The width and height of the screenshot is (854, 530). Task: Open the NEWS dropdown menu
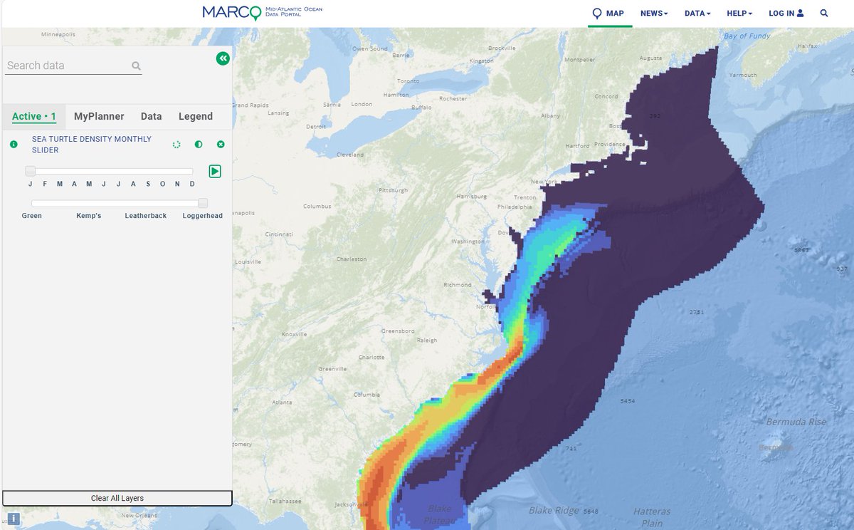pos(653,14)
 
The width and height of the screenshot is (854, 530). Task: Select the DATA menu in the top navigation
pos(697,14)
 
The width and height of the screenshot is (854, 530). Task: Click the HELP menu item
pos(739,14)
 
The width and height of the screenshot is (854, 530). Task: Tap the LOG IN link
pos(786,14)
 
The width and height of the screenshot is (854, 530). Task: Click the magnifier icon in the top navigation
pos(824,14)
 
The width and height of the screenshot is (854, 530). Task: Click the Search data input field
pos(68,66)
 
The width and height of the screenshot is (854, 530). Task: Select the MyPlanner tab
pos(99,116)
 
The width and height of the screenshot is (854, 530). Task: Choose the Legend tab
pos(195,116)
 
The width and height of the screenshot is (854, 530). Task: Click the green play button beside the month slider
pos(215,171)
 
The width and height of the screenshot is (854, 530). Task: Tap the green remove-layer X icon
pos(221,145)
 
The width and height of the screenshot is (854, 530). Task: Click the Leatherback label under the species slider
pos(146,215)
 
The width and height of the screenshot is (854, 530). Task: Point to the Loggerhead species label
pos(203,215)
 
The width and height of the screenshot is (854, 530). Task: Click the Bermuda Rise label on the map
pos(796,422)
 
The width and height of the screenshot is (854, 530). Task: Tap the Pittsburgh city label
pos(394,190)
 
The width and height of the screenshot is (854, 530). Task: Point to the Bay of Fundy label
pos(746,36)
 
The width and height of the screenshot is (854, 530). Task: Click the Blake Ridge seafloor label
pos(553,511)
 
